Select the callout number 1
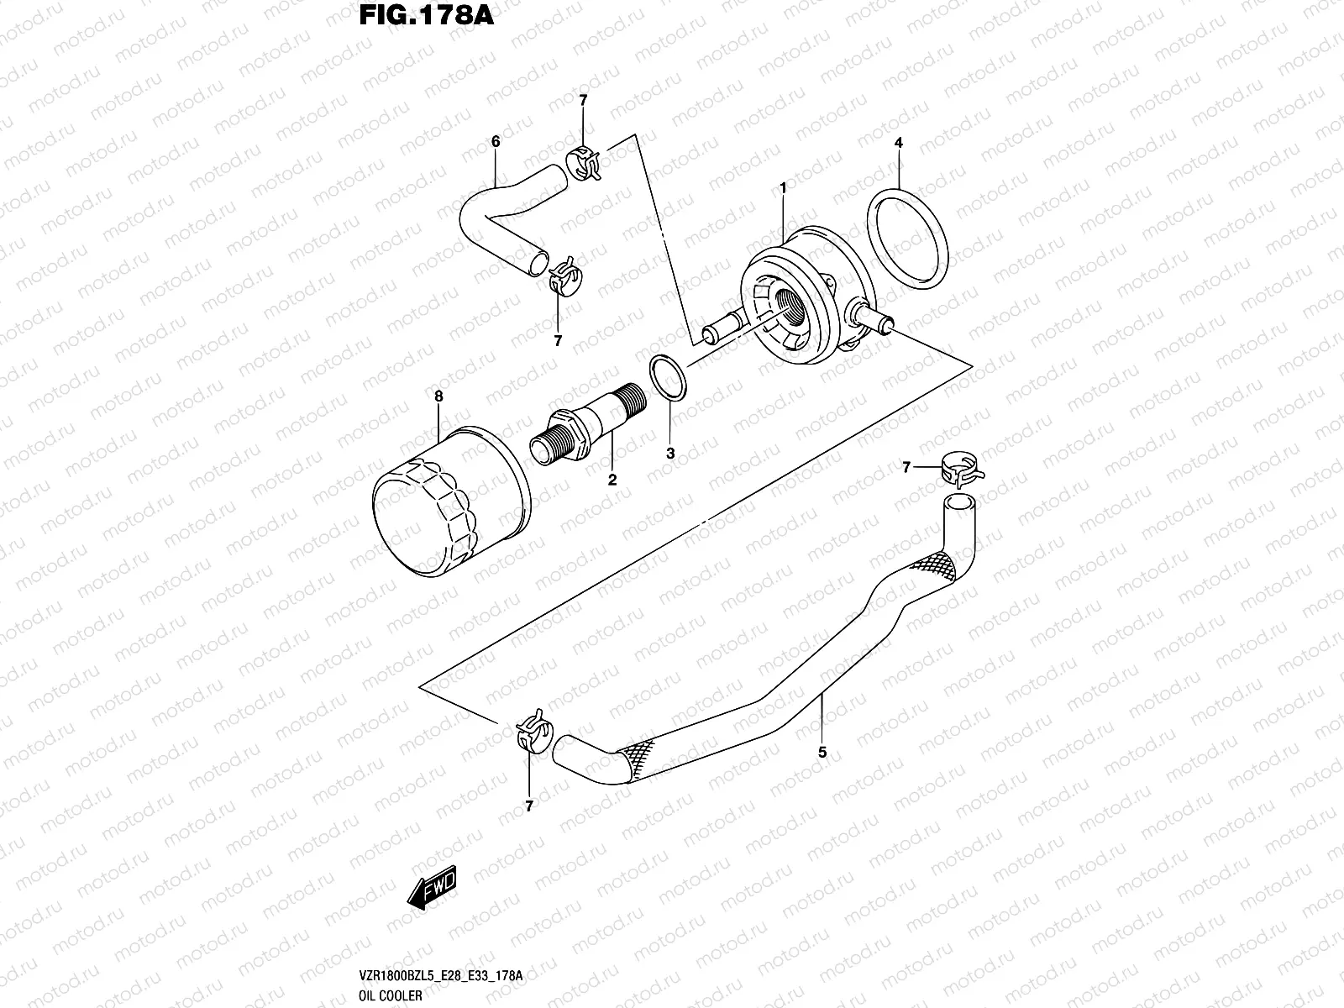pos(783,189)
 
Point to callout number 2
pos(612,480)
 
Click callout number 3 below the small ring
pos(670,454)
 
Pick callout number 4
pos(898,144)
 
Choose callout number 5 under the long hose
pos(822,752)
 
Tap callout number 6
pos(496,142)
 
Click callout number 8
pos(438,396)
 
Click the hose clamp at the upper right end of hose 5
pos(958,468)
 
